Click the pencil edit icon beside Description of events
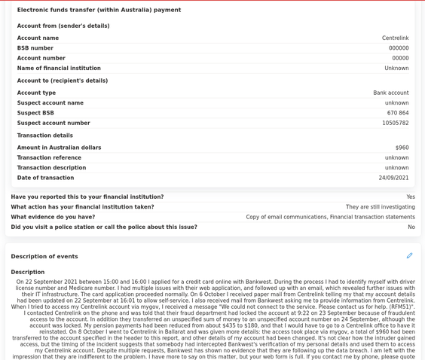(x=409, y=256)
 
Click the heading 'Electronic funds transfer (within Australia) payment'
(x=99, y=11)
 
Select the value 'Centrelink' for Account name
(x=395, y=38)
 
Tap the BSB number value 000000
(x=399, y=48)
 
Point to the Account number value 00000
(x=400, y=58)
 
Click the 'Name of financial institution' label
(x=59, y=69)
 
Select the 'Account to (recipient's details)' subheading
(x=63, y=81)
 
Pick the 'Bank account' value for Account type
(x=390, y=93)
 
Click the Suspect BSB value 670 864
(x=398, y=113)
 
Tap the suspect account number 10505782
(x=395, y=124)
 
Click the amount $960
(x=402, y=148)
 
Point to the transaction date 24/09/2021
(x=393, y=178)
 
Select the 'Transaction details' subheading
(x=45, y=136)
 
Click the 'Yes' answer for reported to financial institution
(x=411, y=197)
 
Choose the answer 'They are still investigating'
(x=380, y=207)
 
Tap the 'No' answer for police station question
(x=411, y=227)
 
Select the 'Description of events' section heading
(x=44, y=257)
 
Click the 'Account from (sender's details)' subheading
(x=63, y=26)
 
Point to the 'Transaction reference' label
(x=49, y=158)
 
